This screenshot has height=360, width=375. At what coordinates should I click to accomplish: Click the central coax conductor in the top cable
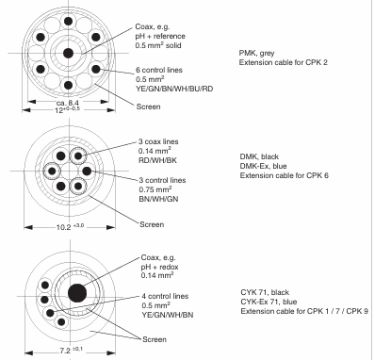tap(68, 53)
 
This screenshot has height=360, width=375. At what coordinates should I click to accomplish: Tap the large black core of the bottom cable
tap(77, 293)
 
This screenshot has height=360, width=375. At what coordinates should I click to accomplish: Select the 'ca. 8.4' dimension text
tap(68, 103)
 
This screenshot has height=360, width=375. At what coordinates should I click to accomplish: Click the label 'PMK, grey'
tap(256, 53)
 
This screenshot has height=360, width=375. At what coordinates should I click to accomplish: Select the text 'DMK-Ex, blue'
tap(263, 166)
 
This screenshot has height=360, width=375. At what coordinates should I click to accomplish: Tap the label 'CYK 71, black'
tap(265, 292)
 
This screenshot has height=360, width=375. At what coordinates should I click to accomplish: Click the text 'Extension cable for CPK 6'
tap(285, 175)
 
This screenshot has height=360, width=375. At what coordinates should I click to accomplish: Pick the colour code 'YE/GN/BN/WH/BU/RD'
tap(174, 89)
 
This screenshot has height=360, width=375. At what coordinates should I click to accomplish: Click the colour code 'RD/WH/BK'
tap(157, 160)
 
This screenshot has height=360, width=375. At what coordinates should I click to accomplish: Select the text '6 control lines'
tap(159, 70)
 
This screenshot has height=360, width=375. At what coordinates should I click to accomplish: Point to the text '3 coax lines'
tap(158, 141)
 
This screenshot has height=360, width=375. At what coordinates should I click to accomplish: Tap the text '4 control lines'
tap(165, 296)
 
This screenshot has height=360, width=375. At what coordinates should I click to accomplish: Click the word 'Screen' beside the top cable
tap(148, 106)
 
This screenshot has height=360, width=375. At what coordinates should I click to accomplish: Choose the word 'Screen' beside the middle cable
tap(152, 224)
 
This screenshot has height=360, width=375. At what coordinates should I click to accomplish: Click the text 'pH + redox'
tap(159, 267)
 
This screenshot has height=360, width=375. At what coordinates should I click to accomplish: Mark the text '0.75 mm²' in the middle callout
tap(155, 189)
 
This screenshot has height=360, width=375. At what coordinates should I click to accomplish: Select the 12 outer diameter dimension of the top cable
tap(68, 110)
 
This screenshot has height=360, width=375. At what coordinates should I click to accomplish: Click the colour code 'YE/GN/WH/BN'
tap(168, 315)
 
